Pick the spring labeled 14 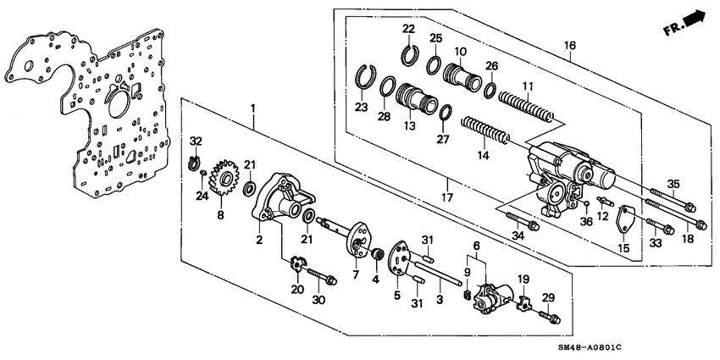click(484, 131)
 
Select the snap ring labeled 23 click(365, 77)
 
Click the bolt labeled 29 click(545, 317)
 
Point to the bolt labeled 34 click(521, 222)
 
